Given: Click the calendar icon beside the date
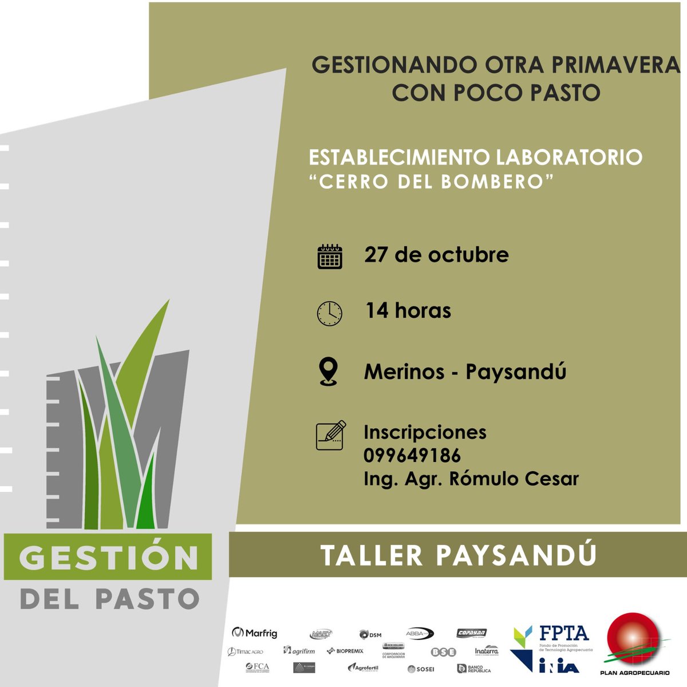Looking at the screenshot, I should pyautogui.click(x=330, y=256).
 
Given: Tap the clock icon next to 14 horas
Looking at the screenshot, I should pyautogui.click(x=330, y=313).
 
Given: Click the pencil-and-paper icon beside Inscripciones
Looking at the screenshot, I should pyautogui.click(x=330, y=436).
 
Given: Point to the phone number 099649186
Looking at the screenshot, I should pyautogui.click(x=412, y=456).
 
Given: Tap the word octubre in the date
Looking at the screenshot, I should pyautogui.click(x=468, y=255).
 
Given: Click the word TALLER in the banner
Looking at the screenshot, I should pyautogui.click(x=372, y=555).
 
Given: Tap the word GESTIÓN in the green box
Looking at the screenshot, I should pyautogui.click(x=109, y=557).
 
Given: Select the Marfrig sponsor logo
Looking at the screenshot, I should pyautogui.click(x=255, y=633).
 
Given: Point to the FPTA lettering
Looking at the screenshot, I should pyautogui.click(x=564, y=633).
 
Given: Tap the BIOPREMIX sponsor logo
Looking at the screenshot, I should pyautogui.click(x=345, y=651).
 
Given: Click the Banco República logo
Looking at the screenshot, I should pyautogui.click(x=474, y=668).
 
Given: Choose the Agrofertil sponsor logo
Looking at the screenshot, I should pyautogui.click(x=363, y=668).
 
